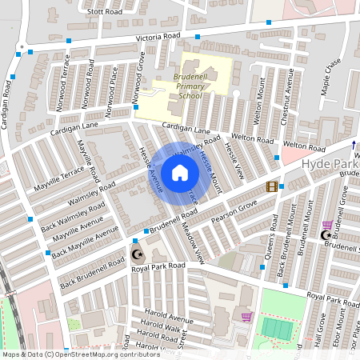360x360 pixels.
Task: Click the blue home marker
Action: [180, 172]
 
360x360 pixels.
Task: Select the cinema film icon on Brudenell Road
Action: [272, 186]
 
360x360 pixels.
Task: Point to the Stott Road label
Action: [104, 12]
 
